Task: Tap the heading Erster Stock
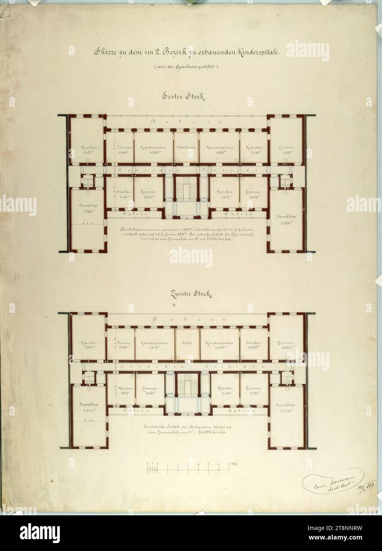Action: coord(183,97)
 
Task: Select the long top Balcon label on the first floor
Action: coord(186,122)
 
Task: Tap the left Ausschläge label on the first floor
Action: coord(86,206)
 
